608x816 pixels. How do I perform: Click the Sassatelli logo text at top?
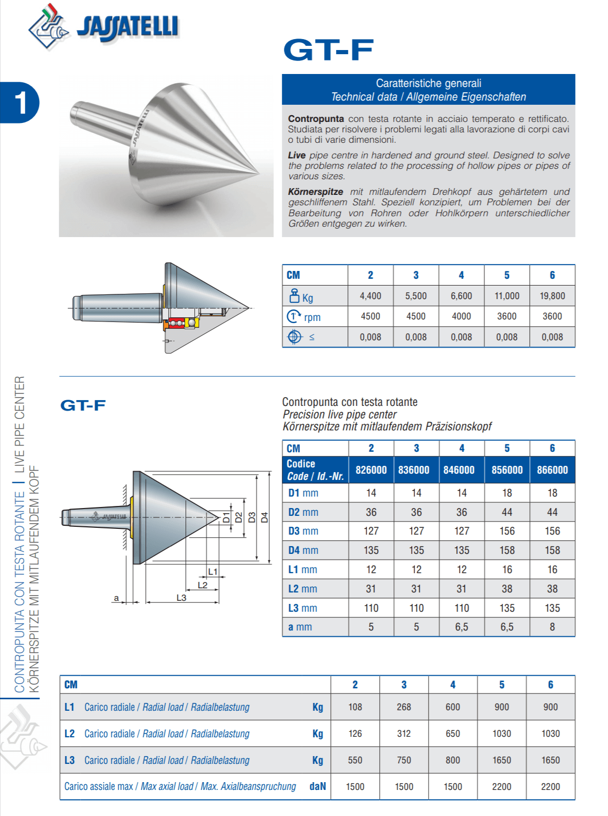coord(128,27)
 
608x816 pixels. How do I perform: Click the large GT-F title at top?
coord(328,50)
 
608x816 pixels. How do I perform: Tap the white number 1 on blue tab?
coord(20,102)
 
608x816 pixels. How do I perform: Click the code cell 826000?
coord(371,470)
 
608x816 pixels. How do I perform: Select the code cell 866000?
coord(552,470)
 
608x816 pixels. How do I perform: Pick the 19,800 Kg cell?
coord(552,296)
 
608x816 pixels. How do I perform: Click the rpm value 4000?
coord(461,316)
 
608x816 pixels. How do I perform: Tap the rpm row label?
coord(312,317)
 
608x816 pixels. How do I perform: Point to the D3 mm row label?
coord(303,531)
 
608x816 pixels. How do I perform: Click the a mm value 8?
coord(552,627)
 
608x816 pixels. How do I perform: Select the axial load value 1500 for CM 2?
coord(355,787)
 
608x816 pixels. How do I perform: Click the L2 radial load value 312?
coord(404,734)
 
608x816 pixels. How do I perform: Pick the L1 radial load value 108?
coord(355,707)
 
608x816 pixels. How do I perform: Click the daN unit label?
coord(317,786)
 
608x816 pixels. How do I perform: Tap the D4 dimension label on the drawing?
coord(264,517)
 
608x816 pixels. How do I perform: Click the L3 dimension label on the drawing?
coord(181,598)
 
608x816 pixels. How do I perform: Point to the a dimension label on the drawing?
coord(116,598)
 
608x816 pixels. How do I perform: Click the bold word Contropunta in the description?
coord(316,119)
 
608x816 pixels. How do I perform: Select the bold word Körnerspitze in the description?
coord(316,192)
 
